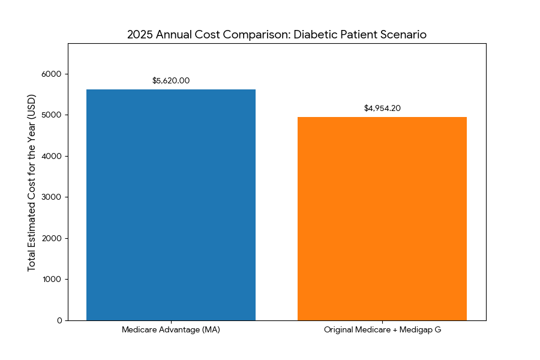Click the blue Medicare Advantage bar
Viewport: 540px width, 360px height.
point(171,205)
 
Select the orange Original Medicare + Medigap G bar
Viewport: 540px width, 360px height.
point(382,218)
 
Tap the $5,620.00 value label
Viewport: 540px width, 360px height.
point(171,80)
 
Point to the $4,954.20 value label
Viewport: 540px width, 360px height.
point(382,108)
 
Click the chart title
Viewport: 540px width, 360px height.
point(277,34)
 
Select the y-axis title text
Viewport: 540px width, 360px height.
point(32,182)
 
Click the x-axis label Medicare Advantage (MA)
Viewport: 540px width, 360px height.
point(171,330)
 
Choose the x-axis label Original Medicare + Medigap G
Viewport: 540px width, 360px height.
point(382,330)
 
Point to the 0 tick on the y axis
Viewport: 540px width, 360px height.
point(59,320)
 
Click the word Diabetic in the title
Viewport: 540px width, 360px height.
point(314,34)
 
